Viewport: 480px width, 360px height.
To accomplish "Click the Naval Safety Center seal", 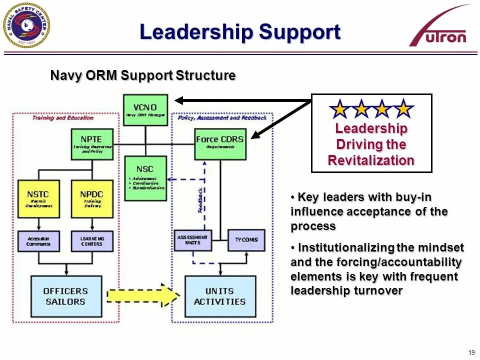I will coord(26,25).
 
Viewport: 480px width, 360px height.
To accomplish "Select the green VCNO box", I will coord(145,109).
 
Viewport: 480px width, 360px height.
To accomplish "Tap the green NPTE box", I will coord(91,144).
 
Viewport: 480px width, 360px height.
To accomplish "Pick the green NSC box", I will coord(145,178).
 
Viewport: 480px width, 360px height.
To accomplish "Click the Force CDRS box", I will coord(220,144).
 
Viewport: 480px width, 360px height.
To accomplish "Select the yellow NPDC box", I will coord(91,198).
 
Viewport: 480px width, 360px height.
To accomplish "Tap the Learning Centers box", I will coord(91,241).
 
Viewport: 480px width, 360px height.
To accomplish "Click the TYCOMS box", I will coord(246,240).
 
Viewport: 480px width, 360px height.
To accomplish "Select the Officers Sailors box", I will coord(66,296).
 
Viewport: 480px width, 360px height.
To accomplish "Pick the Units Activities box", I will coord(220,296).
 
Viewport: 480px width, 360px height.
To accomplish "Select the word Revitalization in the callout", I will coord(371,160).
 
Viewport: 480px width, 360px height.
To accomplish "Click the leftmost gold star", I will coord(340,108).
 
